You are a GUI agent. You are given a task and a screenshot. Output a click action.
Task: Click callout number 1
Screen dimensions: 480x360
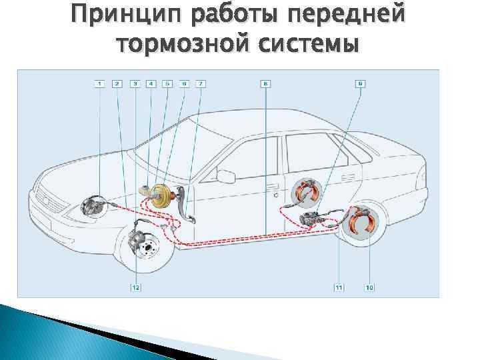(99, 84)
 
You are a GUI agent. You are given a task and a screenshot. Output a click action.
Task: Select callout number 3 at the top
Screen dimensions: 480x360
(135, 84)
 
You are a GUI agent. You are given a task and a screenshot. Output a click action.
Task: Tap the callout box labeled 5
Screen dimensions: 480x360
(167, 84)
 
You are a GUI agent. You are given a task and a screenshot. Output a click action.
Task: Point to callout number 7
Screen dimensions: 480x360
(201, 84)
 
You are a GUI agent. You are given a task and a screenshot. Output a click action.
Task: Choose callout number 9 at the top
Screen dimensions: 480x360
(360, 84)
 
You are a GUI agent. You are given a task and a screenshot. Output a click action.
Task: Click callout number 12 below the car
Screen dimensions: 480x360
(136, 287)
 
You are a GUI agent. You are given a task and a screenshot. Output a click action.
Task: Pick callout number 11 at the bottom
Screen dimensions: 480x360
(339, 287)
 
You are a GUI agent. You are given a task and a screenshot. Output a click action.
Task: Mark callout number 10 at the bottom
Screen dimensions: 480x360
(369, 287)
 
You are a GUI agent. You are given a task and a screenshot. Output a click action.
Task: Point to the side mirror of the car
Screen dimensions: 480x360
(227, 176)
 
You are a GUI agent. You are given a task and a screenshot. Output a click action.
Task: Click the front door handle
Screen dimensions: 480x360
(271, 187)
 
